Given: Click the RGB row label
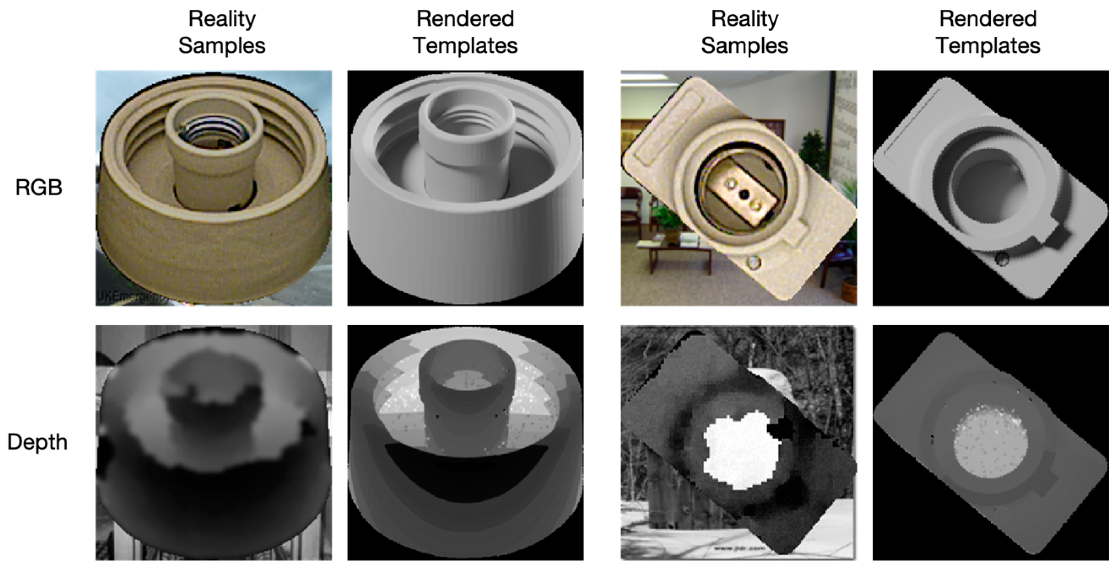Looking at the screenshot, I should click(38, 188).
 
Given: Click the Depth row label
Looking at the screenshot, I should click(37, 442).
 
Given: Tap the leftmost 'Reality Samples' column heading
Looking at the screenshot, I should click(222, 32).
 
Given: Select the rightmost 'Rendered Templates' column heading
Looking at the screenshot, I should click(988, 32).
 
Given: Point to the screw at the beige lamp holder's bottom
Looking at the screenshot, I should click(754, 262).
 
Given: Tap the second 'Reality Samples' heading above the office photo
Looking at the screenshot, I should click(744, 32).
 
